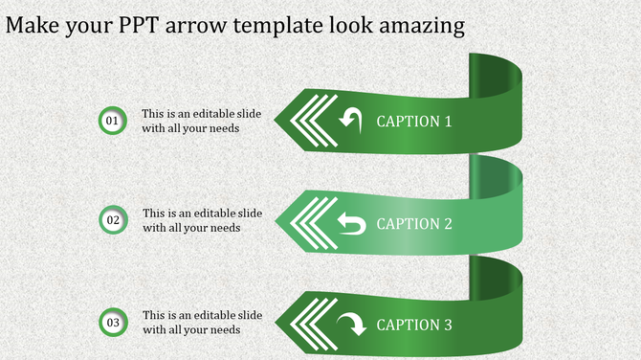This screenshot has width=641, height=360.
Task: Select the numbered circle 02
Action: pyautogui.click(x=113, y=220)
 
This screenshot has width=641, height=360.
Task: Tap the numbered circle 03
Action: pyautogui.click(x=113, y=322)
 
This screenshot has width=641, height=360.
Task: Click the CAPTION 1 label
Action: pyautogui.click(x=413, y=122)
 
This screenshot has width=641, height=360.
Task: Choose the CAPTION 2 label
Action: pyautogui.click(x=413, y=223)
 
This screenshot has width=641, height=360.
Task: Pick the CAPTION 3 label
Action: pyautogui.click(x=413, y=325)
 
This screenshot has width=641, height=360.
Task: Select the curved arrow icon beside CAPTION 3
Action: pyautogui.click(x=351, y=324)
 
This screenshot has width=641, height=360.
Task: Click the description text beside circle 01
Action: pyautogui.click(x=201, y=121)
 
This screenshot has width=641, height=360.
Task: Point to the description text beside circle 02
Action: pyautogui.click(x=202, y=220)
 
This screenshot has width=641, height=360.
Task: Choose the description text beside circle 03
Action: pyautogui.click(x=202, y=322)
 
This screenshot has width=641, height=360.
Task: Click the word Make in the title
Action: pyautogui.click(x=33, y=25)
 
